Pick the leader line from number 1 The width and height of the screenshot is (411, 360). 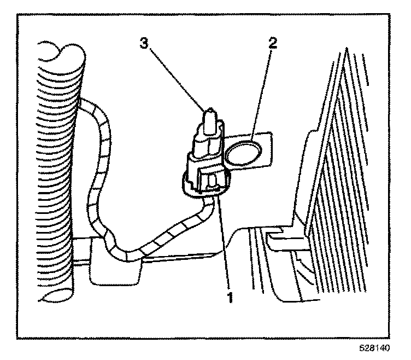point(224,241)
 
